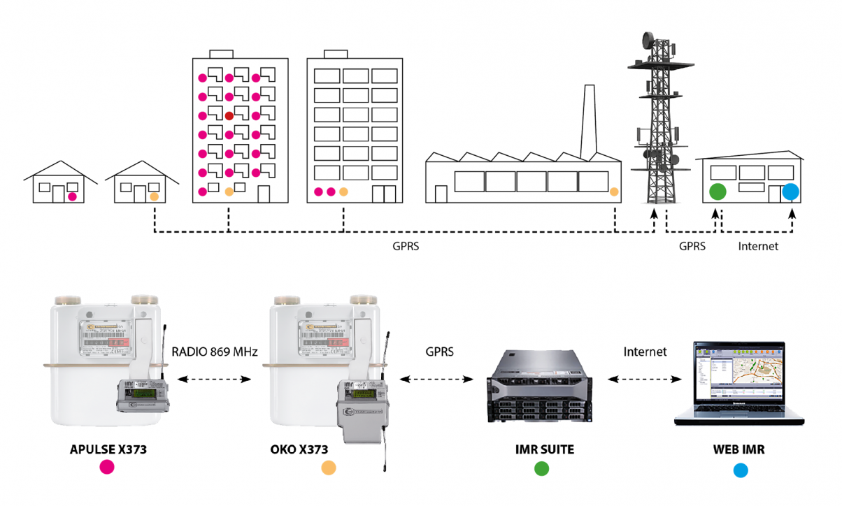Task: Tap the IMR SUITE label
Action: pyautogui.click(x=541, y=450)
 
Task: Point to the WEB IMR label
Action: pyautogui.click(x=738, y=450)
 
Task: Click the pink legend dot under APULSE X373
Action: pyautogui.click(x=107, y=468)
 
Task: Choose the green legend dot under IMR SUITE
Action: pyautogui.click(x=541, y=469)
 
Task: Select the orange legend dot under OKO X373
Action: pyautogui.click(x=328, y=468)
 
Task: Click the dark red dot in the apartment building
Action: pyautogui.click(x=229, y=115)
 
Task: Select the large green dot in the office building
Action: pyautogui.click(x=718, y=191)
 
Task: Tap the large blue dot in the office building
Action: pyautogui.click(x=790, y=191)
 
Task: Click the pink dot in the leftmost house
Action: pyautogui.click(x=71, y=197)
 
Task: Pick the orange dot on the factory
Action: pyautogui.click(x=614, y=191)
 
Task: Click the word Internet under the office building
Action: pyautogui.click(x=758, y=246)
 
